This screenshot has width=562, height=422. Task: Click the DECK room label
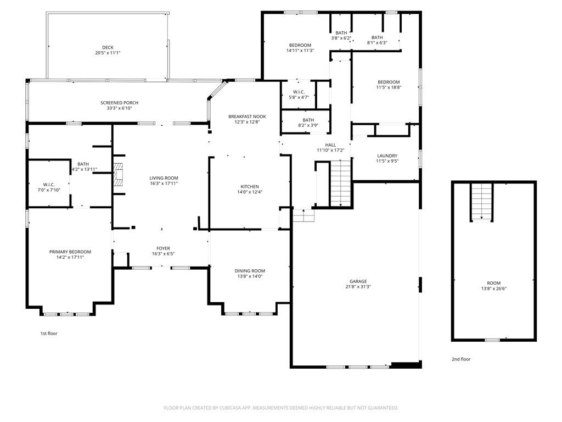(108, 47)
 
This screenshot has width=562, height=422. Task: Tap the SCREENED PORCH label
(119, 103)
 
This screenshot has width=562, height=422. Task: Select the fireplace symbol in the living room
(119, 175)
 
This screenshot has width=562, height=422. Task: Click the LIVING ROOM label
(164, 178)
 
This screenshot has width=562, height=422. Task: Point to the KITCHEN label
(250, 187)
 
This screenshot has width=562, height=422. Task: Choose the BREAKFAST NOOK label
(248, 116)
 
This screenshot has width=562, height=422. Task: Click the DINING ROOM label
(250, 271)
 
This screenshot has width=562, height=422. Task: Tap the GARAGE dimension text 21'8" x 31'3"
(358, 287)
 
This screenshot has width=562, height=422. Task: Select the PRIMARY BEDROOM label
(70, 252)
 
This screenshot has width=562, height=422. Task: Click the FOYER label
(164, 248)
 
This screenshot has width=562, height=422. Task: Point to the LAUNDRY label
(387, 156)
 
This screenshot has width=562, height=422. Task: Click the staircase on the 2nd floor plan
(482, 202)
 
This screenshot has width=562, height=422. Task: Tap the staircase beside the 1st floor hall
(340, 184)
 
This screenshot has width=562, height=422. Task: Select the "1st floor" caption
(49, 334)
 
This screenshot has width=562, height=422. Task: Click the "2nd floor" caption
(461, 359)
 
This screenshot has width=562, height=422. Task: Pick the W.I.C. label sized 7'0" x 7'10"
(49, 185)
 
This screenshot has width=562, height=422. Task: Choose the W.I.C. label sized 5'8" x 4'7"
(299, 92)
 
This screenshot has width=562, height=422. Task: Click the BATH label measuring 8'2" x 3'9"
(308, 120)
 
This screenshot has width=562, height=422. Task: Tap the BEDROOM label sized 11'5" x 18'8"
(389, 82)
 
